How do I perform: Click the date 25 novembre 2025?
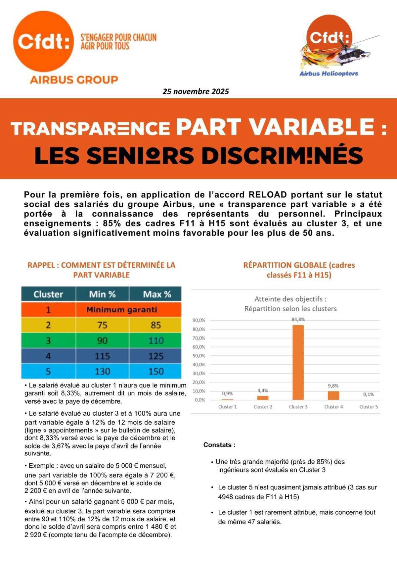(x=196, y=91)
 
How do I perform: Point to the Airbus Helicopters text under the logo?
(x=329, y=74)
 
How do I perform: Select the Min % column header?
(x=102, y=294)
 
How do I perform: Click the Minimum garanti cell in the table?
(x=121, y=310)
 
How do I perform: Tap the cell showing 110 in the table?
(x=156, y=340)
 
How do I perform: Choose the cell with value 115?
(x=102, y=356)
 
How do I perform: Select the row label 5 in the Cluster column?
(x=48, y=371)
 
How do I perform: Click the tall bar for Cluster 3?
(x=298, y=363)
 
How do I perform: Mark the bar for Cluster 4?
(x=333, y=395)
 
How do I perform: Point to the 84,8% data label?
(x=298, y=320)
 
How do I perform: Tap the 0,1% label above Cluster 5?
(x=368, y=394)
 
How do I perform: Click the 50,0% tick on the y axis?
(x=198, y=356)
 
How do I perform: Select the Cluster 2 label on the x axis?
(x=263, y=407)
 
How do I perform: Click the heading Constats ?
(x=219, y=445)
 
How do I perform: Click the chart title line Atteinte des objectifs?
(x=290, y=299)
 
